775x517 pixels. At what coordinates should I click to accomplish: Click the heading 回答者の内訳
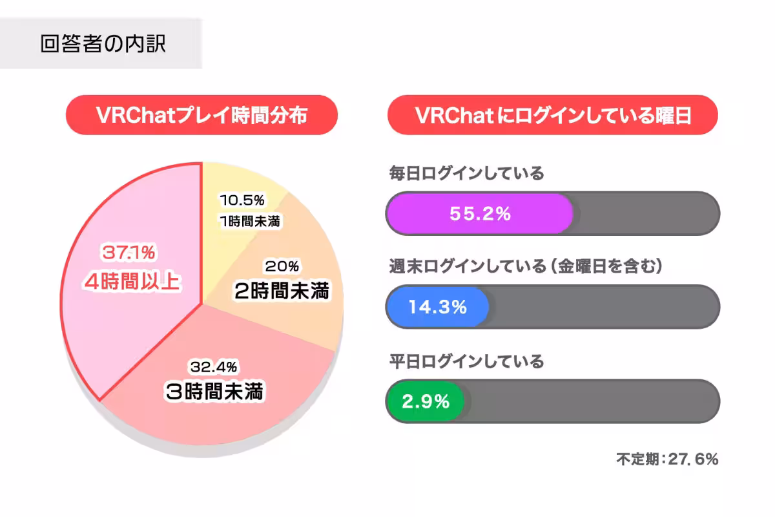click(x=103, y=43)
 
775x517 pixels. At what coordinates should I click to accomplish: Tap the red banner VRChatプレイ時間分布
click(x=201, y=115)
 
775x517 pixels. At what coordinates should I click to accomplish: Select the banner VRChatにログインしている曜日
click(x=552, y=115)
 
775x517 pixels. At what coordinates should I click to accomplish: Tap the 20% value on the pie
click(x=282, y=266)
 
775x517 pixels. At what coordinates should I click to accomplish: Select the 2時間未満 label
click(x=282, y=291)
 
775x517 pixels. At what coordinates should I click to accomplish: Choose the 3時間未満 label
click(x=214, y=392)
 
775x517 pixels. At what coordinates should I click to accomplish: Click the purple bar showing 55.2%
click(x=480, y=214)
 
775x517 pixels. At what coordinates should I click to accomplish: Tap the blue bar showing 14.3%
click(x=437, y=308)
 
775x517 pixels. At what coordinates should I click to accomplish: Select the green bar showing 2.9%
click(x=425, y=401)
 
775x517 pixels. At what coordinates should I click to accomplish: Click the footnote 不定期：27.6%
click(x=667, y=459)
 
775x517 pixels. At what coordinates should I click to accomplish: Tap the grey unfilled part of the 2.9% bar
click(x=591, y=401)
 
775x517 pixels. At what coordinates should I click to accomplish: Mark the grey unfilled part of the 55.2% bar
click(x=646, y=214)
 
